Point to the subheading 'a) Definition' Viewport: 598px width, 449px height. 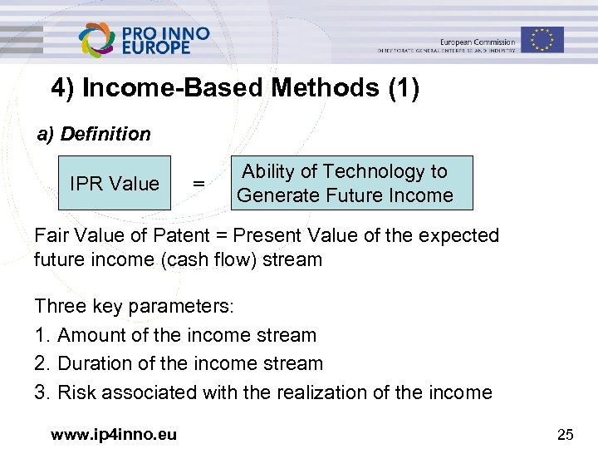point(94,134)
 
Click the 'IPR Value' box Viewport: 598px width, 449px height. point(114,183)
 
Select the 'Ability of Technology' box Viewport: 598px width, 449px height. point(345,183)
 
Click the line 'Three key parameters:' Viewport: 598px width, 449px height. point(135,306)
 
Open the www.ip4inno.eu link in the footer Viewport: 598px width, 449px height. point(114,432)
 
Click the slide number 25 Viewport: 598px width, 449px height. point(566,432)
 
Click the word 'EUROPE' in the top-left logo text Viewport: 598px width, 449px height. point(156,47)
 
